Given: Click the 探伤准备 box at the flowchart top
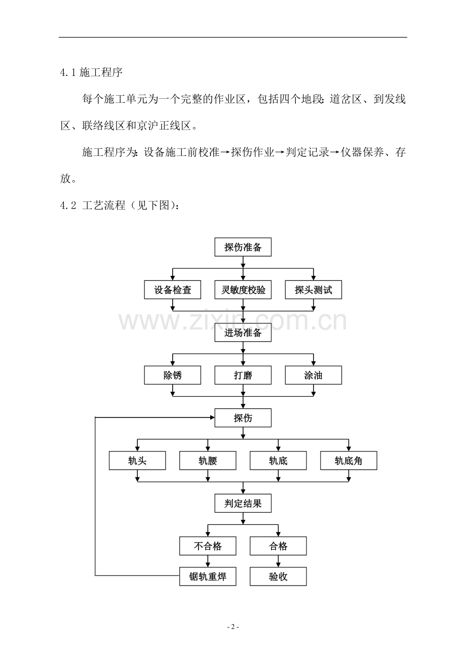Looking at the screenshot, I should (x=243, y=248).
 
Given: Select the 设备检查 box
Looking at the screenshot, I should (x=173, y=290).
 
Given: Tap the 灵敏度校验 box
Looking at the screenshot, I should (x=243, y=290).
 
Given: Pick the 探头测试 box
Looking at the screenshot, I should (x=313, y=290).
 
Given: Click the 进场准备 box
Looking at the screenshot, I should (x=243, y=333).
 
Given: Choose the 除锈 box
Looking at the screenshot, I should (x=173, y=376).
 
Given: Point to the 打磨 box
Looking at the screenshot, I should (x=243, y=376).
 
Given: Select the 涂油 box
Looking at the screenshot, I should (x=313, y=376).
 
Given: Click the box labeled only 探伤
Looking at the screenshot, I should (x=243, y=418).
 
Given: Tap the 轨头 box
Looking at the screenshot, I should (x=137, y=461).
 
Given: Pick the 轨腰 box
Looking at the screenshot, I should (x=208, y=461).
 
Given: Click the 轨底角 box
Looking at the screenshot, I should (x=348, y=461).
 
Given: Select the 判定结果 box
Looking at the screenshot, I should (x=243, y=504).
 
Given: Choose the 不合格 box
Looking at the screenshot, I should (x=208, y=546).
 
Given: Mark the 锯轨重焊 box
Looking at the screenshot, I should (x=208, y=576).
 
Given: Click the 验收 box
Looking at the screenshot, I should (x=278, y=576).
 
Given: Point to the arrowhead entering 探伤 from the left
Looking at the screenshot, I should (x=212, y=418).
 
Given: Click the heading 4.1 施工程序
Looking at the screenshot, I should (x=91, y=72).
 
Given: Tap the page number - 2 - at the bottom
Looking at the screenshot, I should (x=233, y=627).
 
